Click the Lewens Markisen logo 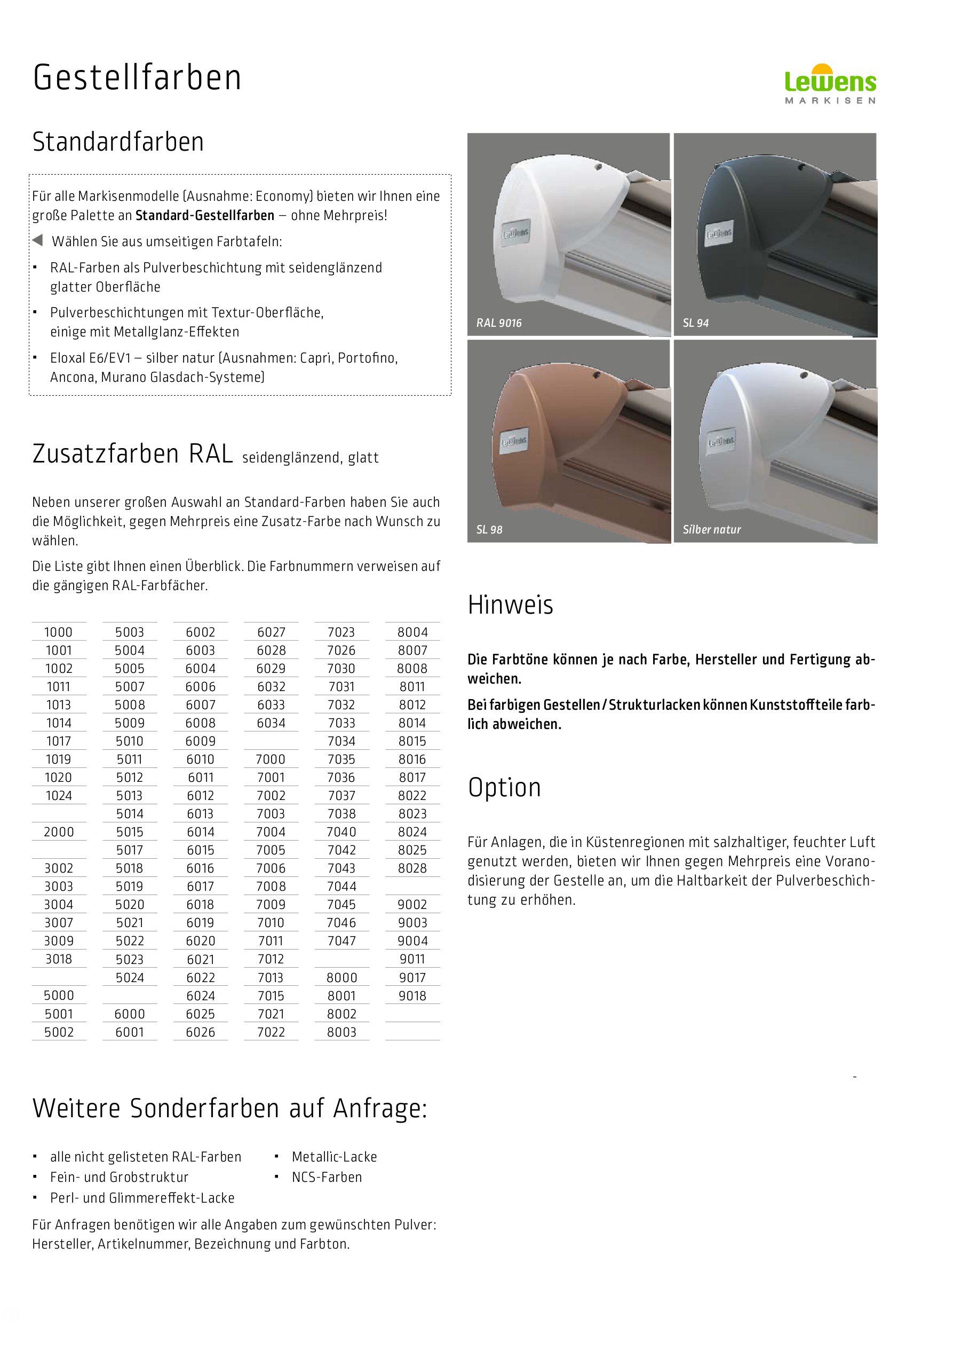pyautogui.click(x=830, y=84)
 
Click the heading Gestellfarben pyautogui.click(x=137, y=78)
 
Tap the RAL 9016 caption pyautogui.click(x=498, y=323)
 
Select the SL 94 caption pyautogui.click(x=695, y=323)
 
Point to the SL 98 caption pyautogui.click(x=489, y=530)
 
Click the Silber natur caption pyautogui.click(x=712, y=530)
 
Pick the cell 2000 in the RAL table pyautogui.click(x=59, y=832)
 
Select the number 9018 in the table pyautogui.click(x=412, y=996)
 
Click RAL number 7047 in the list pyautogui.click(x=341, y=941)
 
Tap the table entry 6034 pyautogui.click(x=271, y=723)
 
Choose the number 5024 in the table pyautogui.click(x=130, y=978)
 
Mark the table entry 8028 pyautogui.click(x=412, y=868)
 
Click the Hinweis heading pyautogui.click(x=510, y=605)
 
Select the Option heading pyautogui.click(x=504, y=788)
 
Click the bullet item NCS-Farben pyautogui.click(x=327, y=1178)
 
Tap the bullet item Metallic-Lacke pyautogui.click(x=334, y=1157)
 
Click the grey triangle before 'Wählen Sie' pyautogui.click(x=37, y=240)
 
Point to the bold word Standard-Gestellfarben pyautogui.click(x=205, y=216)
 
